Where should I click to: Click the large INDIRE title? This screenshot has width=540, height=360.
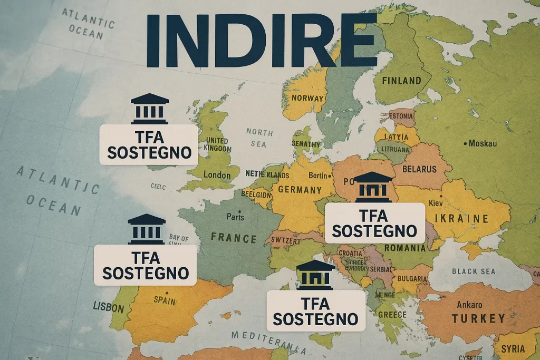tap(262, 41)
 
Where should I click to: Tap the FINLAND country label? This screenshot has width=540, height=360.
tap(401, 81)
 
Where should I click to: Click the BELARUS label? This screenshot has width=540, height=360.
tap(419, 169)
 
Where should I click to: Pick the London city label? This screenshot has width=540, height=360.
tap(218, 175)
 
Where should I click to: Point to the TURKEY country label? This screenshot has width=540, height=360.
tap(478, 318)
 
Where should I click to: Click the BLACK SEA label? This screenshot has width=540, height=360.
tap(474, 271)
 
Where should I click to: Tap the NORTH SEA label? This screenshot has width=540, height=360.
tap(259, 138)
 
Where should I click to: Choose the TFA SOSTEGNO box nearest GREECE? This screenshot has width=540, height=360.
tap(316, 311)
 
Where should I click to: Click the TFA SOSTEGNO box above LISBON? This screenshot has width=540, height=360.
tap(145, 265)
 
